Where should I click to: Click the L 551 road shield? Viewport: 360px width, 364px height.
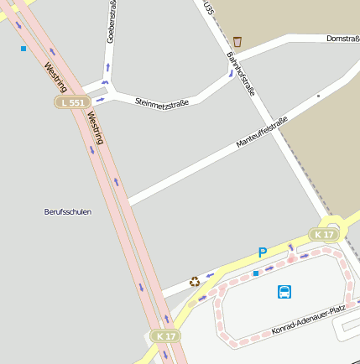point(72,101)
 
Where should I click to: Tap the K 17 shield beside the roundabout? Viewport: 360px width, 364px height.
point(324,234)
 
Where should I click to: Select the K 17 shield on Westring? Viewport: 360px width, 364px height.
point(165,335)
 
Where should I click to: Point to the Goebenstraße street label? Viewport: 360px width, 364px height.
point(111,23)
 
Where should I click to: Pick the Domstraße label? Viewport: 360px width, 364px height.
point(342,39)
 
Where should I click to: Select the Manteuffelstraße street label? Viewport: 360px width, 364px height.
point(262,133)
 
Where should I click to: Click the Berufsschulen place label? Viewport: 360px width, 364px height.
point(67,211)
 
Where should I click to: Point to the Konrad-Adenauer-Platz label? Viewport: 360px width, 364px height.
point(308,320)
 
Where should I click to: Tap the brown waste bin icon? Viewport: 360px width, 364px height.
point(237,41)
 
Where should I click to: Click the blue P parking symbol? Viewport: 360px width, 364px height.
point(262,252)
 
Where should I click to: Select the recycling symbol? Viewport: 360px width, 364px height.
point(195,282)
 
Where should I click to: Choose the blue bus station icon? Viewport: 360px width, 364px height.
point(284,292)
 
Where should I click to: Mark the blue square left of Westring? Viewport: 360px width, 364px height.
point(23,49)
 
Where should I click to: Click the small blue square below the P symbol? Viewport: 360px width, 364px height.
point(256,273)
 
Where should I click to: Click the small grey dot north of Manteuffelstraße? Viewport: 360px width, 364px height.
point(318,96)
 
